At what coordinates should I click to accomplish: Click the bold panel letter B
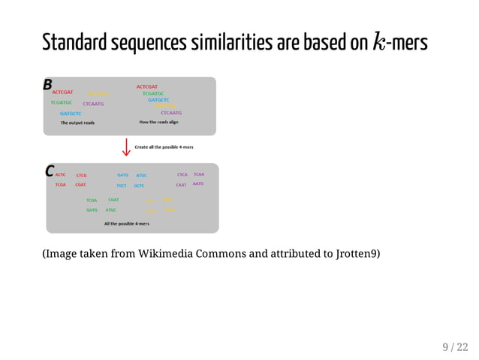pos(48,83)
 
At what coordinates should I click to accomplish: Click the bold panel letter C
pos(50,171)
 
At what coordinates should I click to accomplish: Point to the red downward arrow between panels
pos(125,147)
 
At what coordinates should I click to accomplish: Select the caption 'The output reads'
pos(77,123)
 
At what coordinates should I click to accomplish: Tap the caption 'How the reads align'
pos(158,122)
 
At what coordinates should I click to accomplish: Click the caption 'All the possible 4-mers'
pos(126,223)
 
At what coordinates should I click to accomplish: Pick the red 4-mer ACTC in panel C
pos(60,175)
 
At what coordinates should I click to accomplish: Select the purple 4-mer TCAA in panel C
pos(199,174)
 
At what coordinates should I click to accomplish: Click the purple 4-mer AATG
pos(198,184)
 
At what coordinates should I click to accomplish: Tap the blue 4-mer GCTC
pos(139,185)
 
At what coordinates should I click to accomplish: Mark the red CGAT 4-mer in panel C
pos(80,185)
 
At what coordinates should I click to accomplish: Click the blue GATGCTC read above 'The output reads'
pos(71,113)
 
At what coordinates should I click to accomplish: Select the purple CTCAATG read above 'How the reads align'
pos(171,113)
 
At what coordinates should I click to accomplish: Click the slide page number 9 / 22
pos(454,346)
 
